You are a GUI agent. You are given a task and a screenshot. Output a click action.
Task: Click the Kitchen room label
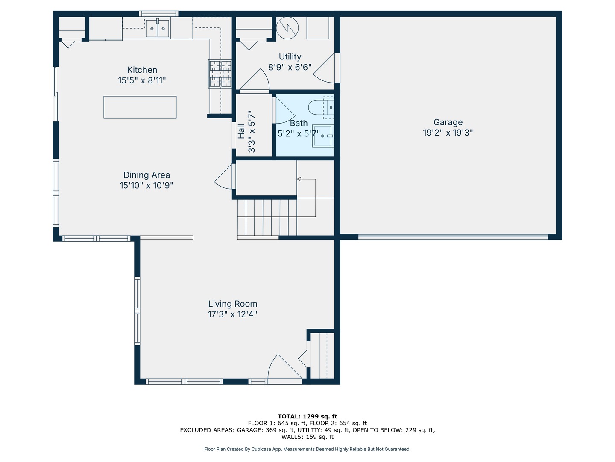(142, 70)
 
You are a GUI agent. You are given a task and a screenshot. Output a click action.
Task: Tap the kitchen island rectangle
(140, 107)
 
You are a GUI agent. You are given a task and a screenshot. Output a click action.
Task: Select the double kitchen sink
(158, 28)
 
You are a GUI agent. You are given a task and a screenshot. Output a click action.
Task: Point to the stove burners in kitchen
(220, 74)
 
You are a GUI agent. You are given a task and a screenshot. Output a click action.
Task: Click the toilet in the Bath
(321, 107)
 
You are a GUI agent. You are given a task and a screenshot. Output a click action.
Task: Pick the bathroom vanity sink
(323, 136)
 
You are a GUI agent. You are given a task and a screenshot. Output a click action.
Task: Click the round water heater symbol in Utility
(287, 28)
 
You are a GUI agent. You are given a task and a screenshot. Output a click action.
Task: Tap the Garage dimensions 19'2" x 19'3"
(448, 133)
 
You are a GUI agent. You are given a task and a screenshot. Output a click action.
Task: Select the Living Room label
(233, 304)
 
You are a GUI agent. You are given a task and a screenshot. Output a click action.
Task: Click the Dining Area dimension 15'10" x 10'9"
(146, 185)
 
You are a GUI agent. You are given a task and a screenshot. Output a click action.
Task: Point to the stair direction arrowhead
(299, 179)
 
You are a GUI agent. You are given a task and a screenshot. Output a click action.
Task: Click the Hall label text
(241, 131)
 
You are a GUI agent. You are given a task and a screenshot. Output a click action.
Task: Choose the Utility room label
(290, 56)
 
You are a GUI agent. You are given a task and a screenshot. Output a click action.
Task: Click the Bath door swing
(284, 110)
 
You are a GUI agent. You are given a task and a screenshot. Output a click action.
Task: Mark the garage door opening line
(453, 237)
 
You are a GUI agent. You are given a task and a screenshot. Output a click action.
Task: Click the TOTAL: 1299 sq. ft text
(307, 416)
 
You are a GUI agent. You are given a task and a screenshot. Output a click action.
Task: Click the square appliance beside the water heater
(318, 27)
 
